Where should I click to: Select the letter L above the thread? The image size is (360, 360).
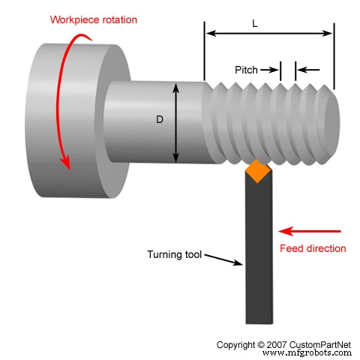pos(255,24)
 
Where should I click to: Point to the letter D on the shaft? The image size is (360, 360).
pos(160,119)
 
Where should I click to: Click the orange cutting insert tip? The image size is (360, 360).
pos(258,172)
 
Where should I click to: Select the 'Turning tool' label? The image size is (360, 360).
pos(175,254)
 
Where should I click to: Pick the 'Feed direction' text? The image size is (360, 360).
pos(313,248)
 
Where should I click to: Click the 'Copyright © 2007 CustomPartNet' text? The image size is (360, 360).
pos(283,344)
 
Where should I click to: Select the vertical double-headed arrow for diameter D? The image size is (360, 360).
pos(177,122)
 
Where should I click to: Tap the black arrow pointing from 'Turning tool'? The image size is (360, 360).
pos(223,259)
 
